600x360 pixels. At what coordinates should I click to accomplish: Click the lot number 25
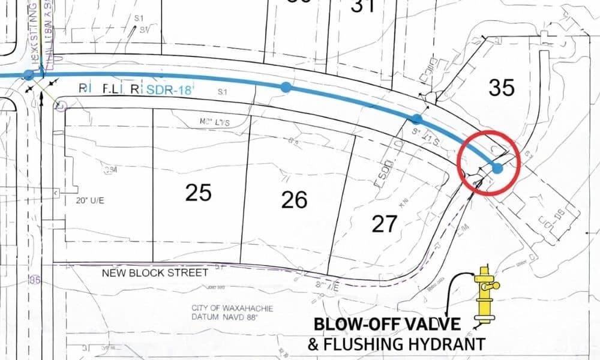[199, 193]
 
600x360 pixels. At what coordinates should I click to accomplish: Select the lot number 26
[295, 200]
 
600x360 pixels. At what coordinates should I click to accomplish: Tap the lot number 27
[384, 224]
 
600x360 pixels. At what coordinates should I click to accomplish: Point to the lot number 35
[502, 88]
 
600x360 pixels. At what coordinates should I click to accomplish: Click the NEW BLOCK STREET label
[155, 272]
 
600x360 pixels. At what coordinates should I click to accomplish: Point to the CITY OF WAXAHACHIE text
[232, 308]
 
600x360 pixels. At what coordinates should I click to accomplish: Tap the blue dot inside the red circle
[497, 168]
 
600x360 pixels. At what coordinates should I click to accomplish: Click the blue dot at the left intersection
[28, 75]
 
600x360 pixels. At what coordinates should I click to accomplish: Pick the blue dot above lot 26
[286, 87]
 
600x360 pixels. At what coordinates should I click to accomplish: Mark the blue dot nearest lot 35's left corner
[418, 119]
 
